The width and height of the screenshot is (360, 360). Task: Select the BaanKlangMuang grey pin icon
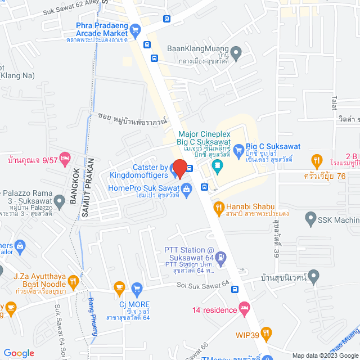tap(237, 54)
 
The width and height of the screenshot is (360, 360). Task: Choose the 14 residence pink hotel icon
tap(244, 307)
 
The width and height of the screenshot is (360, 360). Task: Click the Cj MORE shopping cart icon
tap(136, 289)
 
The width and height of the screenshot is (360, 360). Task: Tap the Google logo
tap(19, 353)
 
